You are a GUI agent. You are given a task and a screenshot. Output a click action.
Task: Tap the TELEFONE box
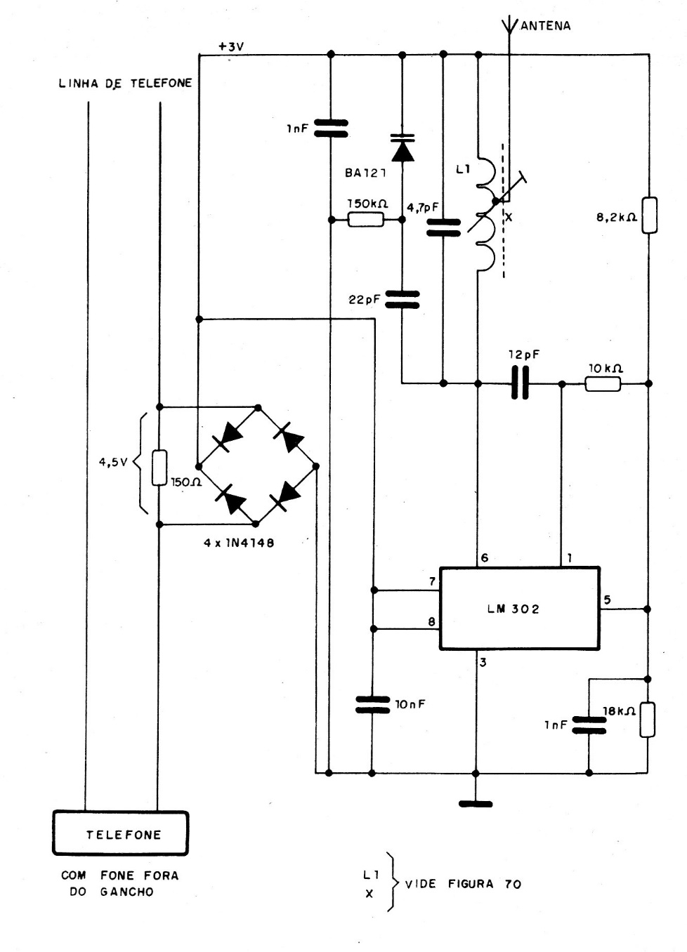click(x=121, y=834)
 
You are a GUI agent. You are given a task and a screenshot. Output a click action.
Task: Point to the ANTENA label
click(x=545, y=26)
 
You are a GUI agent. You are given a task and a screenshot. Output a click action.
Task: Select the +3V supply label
click(x=231, y=46)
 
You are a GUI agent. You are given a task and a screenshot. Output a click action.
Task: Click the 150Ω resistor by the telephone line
click(x=159, y=468)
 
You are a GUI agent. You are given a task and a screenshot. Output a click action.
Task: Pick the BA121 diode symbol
click(x=403, y=148)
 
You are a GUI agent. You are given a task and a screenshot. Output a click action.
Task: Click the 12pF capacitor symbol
click(x=520, y=383)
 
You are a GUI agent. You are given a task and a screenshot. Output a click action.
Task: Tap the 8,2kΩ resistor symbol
click(x=649, y=215)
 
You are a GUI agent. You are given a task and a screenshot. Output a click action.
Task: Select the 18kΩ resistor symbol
click(x=647, y=720)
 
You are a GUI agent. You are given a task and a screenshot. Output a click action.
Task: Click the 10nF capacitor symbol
click(x=372, y=705)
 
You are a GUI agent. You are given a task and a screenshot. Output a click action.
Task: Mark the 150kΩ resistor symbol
click(x=366, y=220)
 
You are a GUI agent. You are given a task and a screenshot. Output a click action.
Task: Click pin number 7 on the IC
click(x=431, y=581)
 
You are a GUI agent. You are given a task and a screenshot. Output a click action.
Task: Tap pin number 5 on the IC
click(x=607, y=600)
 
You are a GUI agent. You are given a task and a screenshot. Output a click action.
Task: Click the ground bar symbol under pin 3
click(x=477, y=803)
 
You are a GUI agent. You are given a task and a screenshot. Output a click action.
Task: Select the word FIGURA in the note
click(x=472, y=884)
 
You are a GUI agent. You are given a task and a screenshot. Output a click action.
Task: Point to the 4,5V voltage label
click(x=112, y=463)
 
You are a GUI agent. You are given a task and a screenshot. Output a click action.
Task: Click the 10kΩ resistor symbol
click(x=603, y=383)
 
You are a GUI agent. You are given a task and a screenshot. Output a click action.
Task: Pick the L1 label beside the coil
click(x=462, y=168)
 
